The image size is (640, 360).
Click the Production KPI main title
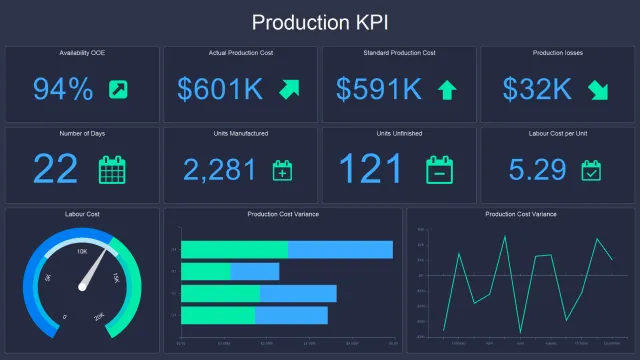click(320, 22)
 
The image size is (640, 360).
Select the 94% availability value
click(63, 89)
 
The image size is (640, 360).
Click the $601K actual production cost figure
click(219, 89)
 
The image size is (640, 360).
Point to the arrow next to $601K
click(289, 88)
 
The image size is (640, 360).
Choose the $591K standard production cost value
click(378, 89)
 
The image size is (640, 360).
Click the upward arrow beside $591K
click(447, 90)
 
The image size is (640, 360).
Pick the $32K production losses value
click(538, 89)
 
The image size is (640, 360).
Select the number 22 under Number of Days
click(55, 168)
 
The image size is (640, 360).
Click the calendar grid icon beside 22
click(112, 169)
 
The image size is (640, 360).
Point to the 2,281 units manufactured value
click(220, 169)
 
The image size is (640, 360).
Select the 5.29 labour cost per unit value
click(537, 169)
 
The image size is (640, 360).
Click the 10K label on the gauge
click(82, 251)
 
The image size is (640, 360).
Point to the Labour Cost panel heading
click(82, 214)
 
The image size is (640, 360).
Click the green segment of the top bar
click(234, 249)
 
